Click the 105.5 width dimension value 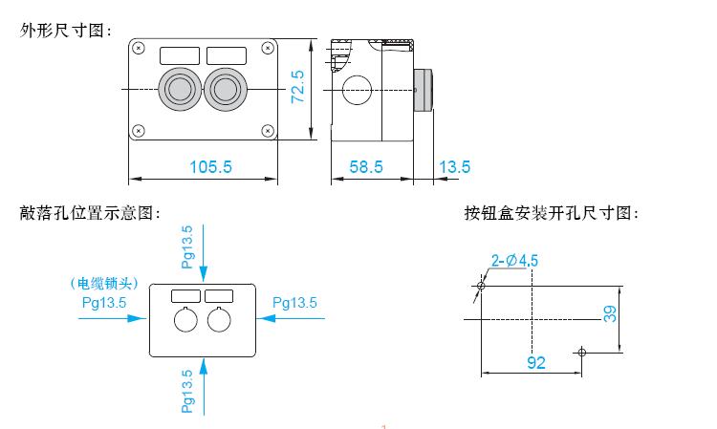[x=210, y=167]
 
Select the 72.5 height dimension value [x=297, y=86]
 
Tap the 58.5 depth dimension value [x=366, y=167]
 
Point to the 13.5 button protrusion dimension [x=454, y=167]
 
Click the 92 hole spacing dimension [x=536, y=363]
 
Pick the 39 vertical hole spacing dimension [x=610, y=314]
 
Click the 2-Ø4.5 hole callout [x=514, y=261]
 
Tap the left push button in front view [x=180, y=89]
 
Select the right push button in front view [x=225, y=89]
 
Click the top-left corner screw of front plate [x=139, y=48]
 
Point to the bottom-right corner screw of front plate [x=268, y=131]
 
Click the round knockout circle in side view [x=357, y=90]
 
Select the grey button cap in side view [x=423, y=90]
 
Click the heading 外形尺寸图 [x=65, y=31]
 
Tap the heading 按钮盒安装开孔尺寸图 [x=551, y=213]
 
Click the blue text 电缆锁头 [x=105, y=284]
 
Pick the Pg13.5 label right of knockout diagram [x=294, y=303]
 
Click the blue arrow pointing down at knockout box [x=204, y=252]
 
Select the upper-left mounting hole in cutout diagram [x=481, y=286]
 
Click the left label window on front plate [x=180, y=55]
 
